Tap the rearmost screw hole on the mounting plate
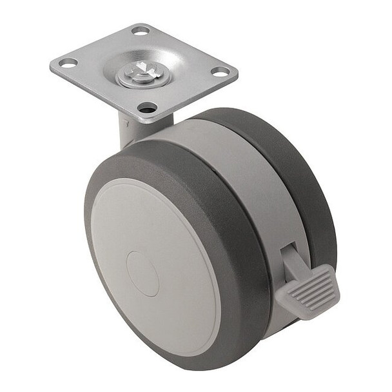pyautogui.click(x=140, y=30)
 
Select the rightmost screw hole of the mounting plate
pyautogui.click(x=220, y=72)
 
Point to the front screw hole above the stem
pyautogui.click(x=148, y=107)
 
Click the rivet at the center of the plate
pyautogui.click(x=142, y=72)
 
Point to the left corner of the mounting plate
pyautogui.click(x=52, y=65)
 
